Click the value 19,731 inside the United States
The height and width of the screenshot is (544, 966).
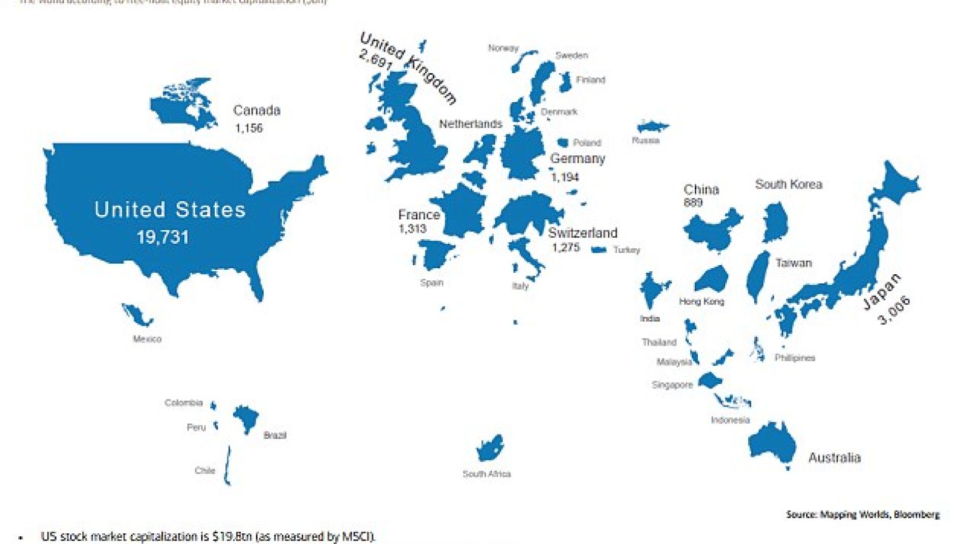pos(163,237)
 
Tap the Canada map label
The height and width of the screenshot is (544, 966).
pos(257,110)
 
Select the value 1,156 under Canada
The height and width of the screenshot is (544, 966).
pos(249,128)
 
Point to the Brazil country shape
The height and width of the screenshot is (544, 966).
pos(246,418)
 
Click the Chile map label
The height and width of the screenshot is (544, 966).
pos(205,470)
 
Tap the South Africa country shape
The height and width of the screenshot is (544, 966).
pos(489,448)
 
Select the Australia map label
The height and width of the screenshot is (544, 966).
pos(834,457)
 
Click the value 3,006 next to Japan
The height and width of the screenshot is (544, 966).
pos(894,310)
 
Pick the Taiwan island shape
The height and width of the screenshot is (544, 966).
pos(758,277)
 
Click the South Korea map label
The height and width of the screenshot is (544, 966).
pos(788,184)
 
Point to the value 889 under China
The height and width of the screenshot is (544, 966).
pos(693,203)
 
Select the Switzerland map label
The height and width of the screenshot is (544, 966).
pos(582,233)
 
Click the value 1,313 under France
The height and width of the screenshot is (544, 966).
pos(412,228)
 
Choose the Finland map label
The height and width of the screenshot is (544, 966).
pos(590,80)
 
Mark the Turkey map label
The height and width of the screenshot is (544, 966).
pos(626,250)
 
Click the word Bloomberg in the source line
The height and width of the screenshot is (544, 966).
pos(916,514)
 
